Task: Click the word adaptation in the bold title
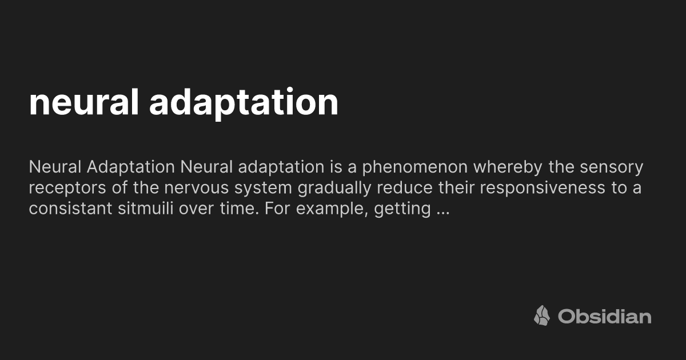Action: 244,103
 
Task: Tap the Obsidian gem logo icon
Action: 542,315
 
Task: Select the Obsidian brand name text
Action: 604,316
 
